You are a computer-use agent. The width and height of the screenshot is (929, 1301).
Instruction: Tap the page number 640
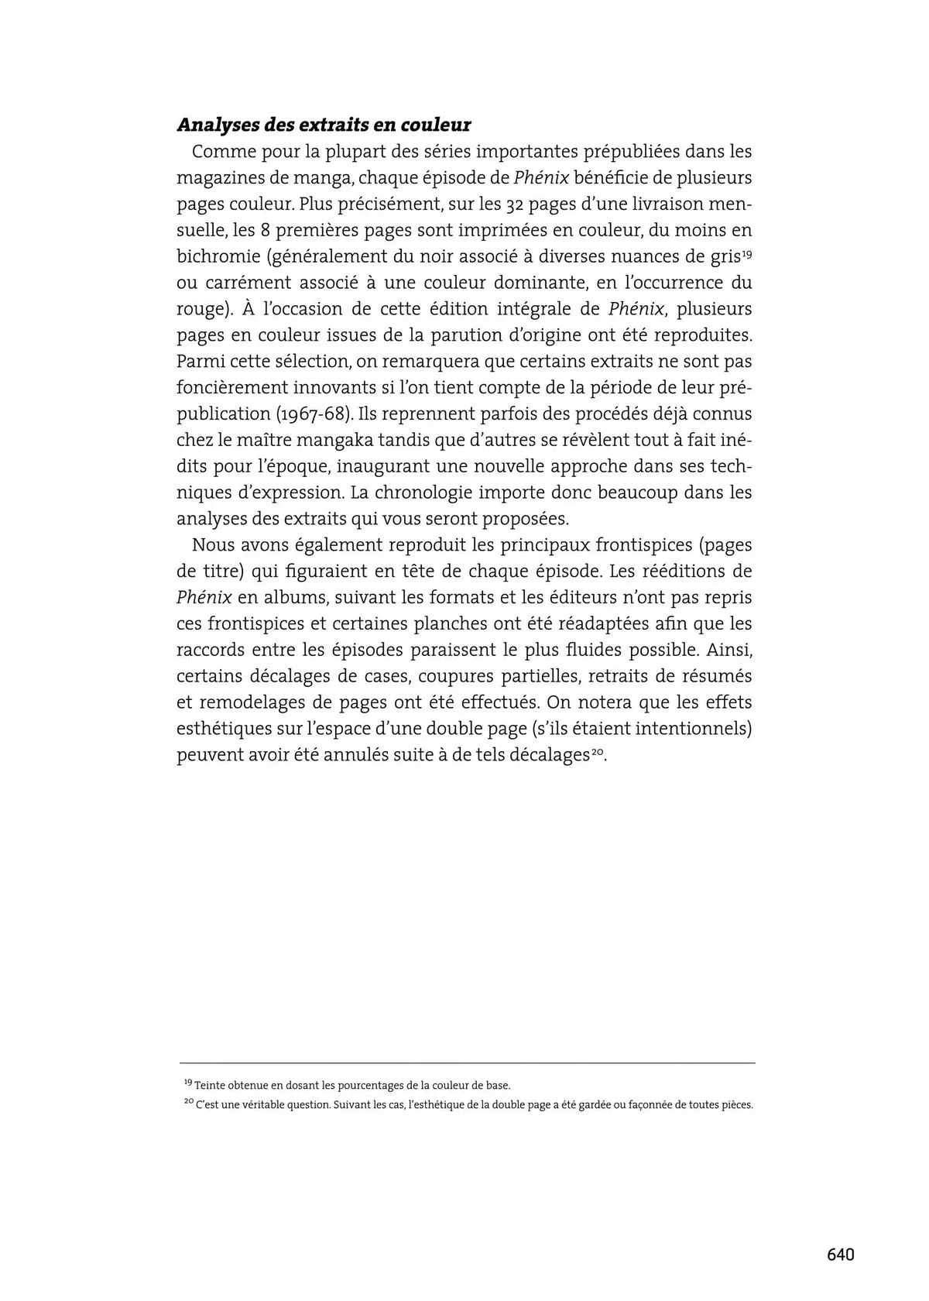(840, 1255)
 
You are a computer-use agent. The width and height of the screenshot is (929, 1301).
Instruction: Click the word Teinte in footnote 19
(209, 1086)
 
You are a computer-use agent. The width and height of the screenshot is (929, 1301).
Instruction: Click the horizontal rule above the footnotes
(467, 1063)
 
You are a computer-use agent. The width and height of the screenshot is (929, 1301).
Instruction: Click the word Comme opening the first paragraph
(220, 151)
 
